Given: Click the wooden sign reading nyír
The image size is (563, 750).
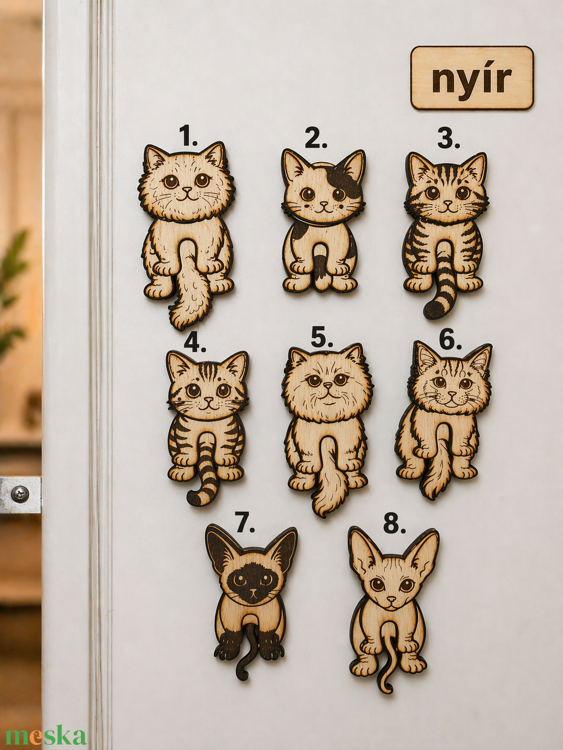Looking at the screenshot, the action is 472,78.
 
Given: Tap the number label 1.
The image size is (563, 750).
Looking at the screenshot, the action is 188,137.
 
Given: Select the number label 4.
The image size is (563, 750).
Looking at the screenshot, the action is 195,342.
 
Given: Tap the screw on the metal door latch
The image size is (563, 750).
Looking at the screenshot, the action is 17,493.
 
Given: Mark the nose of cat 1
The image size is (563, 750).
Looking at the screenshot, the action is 186,189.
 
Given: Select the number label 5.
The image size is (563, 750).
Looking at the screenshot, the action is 321,338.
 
